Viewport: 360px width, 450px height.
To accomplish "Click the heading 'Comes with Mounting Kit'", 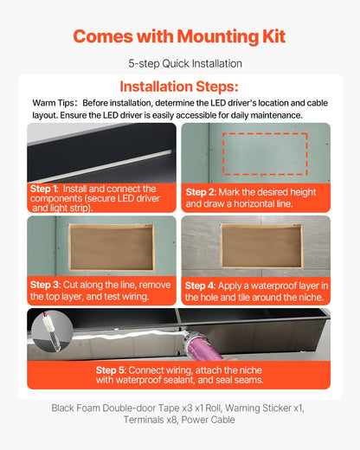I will tap(179, 36).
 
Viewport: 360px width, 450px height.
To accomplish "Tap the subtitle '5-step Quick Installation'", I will tap(179, 64).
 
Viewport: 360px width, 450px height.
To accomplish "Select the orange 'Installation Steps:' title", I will tap(179, 87).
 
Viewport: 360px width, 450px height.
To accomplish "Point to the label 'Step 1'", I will tap(44, 188).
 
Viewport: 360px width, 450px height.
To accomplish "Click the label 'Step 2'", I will tap(200, 192).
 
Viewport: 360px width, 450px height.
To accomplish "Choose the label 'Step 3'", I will tap(44, 284).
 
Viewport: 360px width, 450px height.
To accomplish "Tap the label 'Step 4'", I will tap(200, 284).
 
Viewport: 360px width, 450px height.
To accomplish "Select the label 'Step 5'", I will tap(112, 370).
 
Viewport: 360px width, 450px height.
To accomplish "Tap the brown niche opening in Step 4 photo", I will tap(260, 246).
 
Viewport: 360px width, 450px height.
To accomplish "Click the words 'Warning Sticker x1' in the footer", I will tap(261, 407).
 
